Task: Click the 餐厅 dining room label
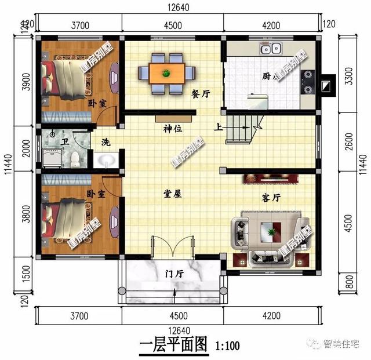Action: [x=201, y=96]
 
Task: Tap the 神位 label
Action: [x=173, y=128]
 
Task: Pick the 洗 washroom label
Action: [x=106, y=142]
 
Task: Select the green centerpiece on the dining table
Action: [x=166, y=72]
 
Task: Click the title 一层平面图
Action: [x=173, y=346]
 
